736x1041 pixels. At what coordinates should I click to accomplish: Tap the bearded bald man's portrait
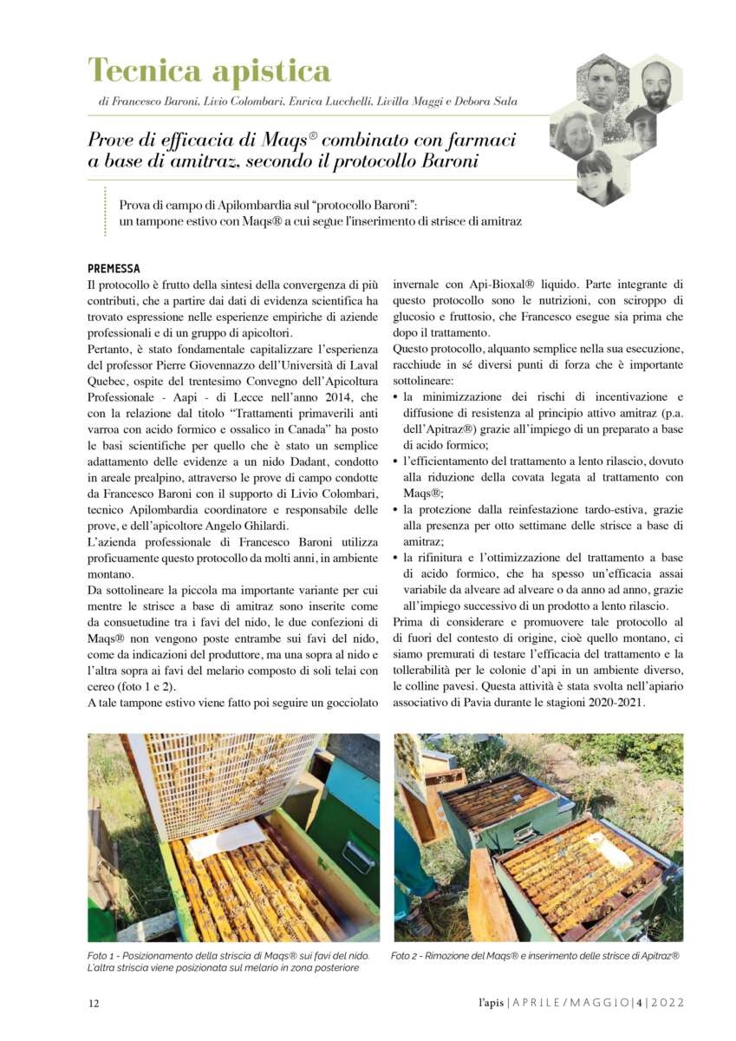point(656,84)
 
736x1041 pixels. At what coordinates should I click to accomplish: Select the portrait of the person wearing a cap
point(640,130)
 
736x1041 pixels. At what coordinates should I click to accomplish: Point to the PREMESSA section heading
point(114,268)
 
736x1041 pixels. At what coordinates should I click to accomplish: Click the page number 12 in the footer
point(94,1003)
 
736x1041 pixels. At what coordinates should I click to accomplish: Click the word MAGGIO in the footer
point(598,1003)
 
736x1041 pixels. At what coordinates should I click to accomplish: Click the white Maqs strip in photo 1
point(227,841)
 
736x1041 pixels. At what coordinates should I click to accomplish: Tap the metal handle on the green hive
point(357,855)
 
